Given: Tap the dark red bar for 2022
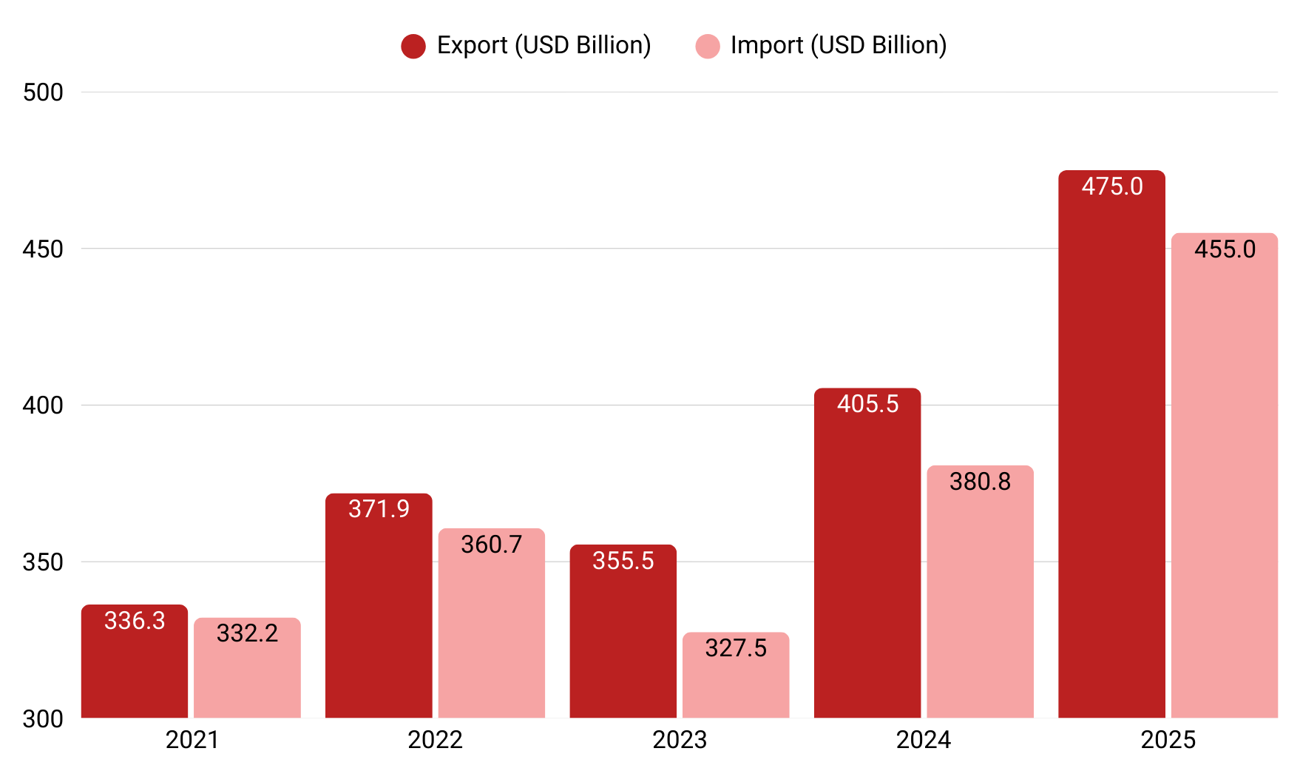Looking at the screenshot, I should (x=379, y=614).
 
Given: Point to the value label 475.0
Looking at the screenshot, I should (x=1112, y=186).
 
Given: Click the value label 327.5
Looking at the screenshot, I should (x=736, y=648).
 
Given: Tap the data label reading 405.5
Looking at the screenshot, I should (x=867, y=404).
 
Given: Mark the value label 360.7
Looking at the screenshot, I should (x=492, y=545).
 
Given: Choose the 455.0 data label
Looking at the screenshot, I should (x=1225, y=249).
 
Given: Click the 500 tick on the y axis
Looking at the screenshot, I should (x=43, y=92).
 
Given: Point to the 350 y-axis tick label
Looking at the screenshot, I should (x=43, y=562).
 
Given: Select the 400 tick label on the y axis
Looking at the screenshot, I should (x=43, y=405).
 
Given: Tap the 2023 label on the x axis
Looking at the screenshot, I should (x=680, y=740).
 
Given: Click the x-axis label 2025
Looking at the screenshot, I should (x=1168, y=740).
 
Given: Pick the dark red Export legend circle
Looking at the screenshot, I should (x=413, y=46).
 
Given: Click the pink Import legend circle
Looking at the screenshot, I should (x=708, y=46).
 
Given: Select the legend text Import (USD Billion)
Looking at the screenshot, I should (x=839, y=45).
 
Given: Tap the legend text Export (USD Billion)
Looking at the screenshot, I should (x=544, y=45).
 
